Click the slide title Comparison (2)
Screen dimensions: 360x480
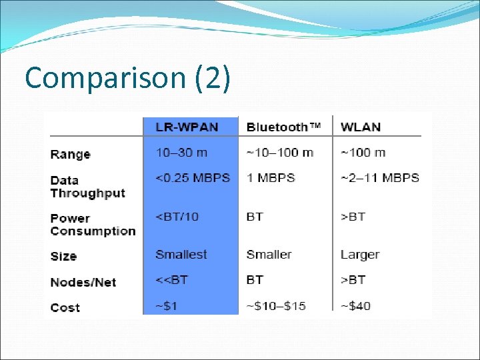127,78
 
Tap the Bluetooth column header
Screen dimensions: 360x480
283,127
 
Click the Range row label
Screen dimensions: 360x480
70,155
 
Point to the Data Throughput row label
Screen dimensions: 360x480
87,187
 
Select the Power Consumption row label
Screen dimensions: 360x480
93,225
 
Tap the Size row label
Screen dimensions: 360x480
63,256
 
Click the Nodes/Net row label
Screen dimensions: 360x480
83,282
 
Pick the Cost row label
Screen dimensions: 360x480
65,307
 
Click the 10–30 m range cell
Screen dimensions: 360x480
181,153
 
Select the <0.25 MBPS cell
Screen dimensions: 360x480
193,178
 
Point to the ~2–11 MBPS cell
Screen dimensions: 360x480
380,178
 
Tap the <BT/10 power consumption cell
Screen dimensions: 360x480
177,217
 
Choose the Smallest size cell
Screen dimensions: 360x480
181,255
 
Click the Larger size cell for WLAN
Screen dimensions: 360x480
359,255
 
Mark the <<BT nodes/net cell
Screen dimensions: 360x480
171,280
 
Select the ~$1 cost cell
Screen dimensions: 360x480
167,306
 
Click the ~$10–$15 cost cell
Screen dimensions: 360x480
276,306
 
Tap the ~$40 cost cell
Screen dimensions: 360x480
355,306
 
